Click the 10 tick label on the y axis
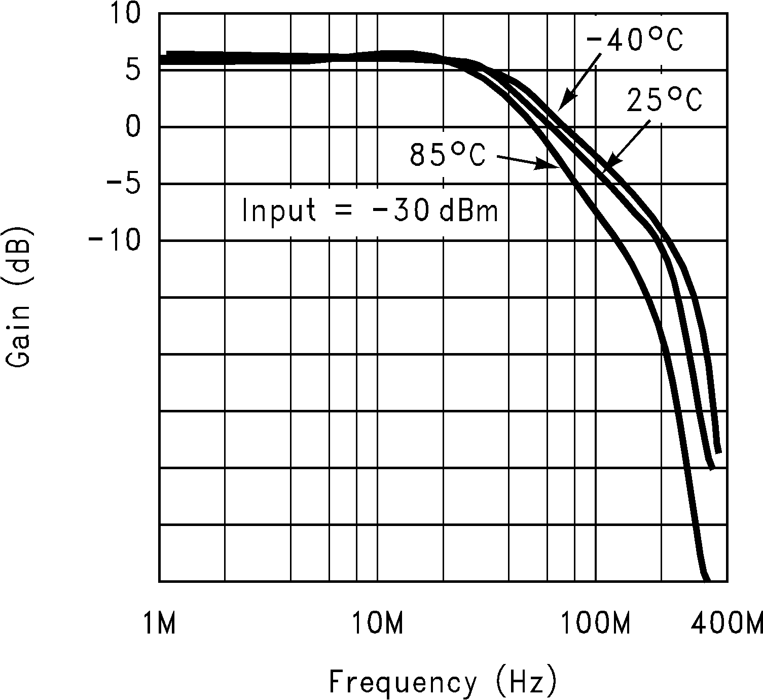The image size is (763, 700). [124, 14]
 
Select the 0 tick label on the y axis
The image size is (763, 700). [133, 126]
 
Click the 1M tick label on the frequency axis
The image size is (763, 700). [159, 623]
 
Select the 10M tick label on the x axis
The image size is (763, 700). [378, 623]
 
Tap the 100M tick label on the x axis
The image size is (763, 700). [596, 623]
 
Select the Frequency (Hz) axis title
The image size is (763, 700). [443, 682]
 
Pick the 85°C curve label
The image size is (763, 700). [448, 155]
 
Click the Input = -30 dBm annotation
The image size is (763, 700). [371, 211]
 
